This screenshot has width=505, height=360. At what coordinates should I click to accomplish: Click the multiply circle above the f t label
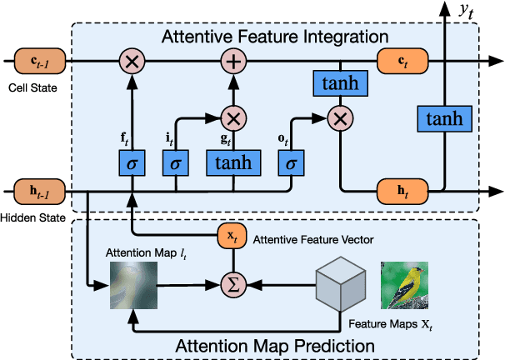pyautogui.click(x=132, y=61)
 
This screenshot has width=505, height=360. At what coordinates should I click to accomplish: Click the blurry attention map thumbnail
pyautogui.click(x=133, y=285)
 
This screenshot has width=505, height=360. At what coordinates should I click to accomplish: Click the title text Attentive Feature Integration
pyautogui.click(x=275, y=37)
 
